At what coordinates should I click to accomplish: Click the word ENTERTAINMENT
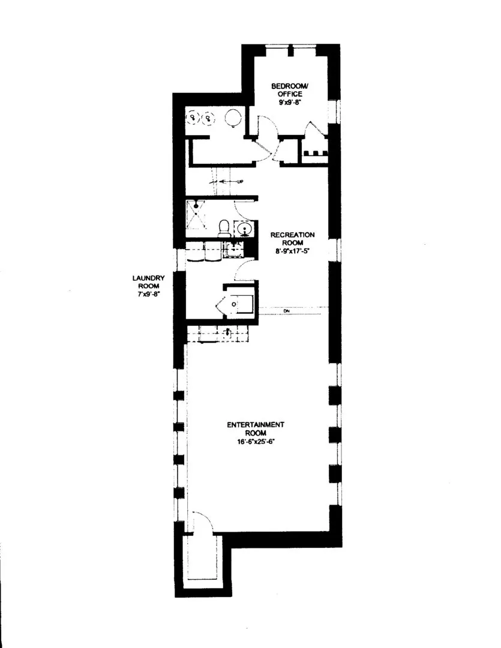256,424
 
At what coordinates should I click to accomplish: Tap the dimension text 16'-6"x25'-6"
256,441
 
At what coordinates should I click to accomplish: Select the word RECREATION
292,235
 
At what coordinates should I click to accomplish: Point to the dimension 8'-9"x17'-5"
292,251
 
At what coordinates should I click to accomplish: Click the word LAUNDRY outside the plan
148,278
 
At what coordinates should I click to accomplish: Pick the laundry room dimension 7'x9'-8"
148,294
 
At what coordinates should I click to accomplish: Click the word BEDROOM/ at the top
290,86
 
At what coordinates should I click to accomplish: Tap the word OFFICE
290,94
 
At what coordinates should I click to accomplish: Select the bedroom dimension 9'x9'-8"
290,102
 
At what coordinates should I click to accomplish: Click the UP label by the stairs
240,181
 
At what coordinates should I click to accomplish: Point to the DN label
286,310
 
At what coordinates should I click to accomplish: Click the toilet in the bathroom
224,228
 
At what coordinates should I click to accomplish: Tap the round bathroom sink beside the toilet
244,229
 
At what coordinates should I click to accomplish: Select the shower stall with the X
196,214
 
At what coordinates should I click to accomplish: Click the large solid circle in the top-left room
233,118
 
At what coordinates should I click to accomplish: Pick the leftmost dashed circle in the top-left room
193,118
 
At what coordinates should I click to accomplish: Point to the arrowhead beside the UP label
221,181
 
